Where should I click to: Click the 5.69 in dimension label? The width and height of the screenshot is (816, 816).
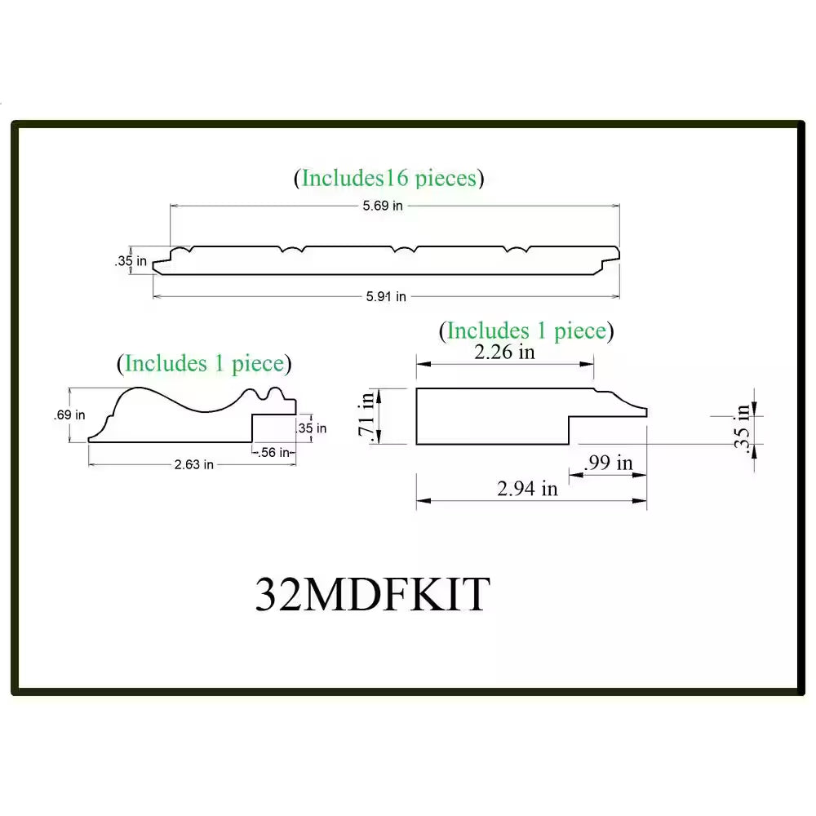(383, 206)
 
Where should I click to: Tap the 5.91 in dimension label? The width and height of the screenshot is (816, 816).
(386, 297)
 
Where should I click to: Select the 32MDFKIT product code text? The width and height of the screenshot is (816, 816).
(372, 594)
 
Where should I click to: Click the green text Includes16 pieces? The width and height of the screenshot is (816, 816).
(389, 178)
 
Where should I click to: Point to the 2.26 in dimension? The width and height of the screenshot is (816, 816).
(505, 352)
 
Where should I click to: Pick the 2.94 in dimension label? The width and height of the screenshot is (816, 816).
(528, 488)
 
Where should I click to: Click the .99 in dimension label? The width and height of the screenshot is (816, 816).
(609, 463)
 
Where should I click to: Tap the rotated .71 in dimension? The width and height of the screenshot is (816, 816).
(367, 416)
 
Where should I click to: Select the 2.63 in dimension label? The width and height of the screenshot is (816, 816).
(194, 464)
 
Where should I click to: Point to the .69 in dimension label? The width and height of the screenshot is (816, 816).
(69, 415)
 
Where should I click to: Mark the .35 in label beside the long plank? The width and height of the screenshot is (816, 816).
(131, 261)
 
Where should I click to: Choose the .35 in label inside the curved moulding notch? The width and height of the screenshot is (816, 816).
(311, 428)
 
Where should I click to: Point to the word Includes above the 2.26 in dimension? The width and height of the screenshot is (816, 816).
(488, 331)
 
